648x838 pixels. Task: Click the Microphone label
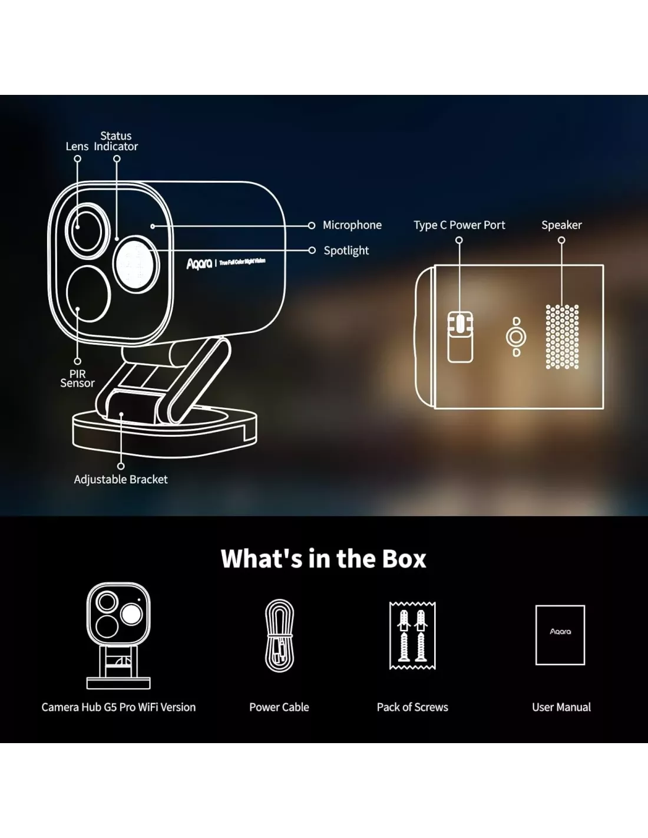pos(352,225)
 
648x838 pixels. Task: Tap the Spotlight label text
pos(346,250)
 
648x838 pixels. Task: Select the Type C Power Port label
pos(459,225)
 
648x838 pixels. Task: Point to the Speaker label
pos(561,225)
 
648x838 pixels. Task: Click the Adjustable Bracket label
pos(121,480)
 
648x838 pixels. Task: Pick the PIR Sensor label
pos(77,378)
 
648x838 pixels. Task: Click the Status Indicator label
pos(116,141)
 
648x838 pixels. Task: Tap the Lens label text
pos(77,147)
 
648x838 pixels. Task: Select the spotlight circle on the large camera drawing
pos(135,264)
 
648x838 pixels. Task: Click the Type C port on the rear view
pos(460,324)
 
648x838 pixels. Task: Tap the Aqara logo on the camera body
pos(200,263)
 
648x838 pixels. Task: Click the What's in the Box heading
pos(323,559)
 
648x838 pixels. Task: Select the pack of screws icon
pos(412,636)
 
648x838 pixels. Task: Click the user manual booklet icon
pos(560,635)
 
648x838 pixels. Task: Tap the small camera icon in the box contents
pos(118,635)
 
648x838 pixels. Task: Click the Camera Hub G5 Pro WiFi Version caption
pos(118,707)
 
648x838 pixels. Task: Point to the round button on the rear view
pos(516,337)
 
